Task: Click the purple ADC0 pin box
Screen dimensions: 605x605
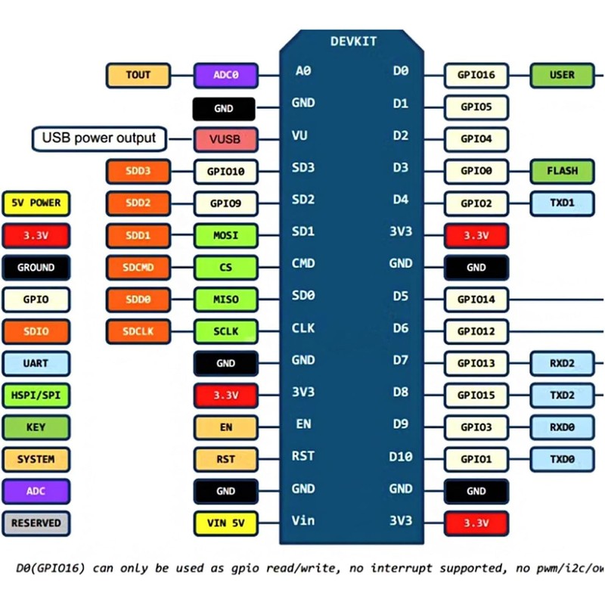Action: click(225, 75)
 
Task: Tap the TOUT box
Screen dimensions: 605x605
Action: click(138, 75)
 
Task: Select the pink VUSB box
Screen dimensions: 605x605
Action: click(225, 139)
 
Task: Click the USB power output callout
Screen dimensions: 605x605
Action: click(99, 138)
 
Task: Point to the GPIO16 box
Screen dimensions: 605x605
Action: click(476, 75)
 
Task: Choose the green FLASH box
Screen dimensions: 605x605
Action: click(562, 172)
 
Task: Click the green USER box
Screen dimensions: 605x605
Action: click(562, 75)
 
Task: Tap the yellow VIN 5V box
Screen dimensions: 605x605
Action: click(225, 523)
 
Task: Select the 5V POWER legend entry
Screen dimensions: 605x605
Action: click(36, 203)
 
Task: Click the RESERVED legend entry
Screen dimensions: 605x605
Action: click(36, 523)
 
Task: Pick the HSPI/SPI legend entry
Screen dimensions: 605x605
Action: click(36, 396)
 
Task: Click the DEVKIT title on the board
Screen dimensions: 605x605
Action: click(353, 42)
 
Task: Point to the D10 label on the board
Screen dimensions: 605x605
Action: click(401, 457)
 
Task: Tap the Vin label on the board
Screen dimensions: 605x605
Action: click(303, 520)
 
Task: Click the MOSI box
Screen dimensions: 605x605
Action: click(225, 235)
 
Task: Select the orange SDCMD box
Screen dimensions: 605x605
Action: click(138, 268)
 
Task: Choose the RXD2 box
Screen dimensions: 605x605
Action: click(562, 364)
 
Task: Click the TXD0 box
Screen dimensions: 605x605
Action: click(562, 459)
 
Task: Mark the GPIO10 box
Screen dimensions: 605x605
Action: click(225, 172)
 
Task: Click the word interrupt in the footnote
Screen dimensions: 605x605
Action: click(402, 569)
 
